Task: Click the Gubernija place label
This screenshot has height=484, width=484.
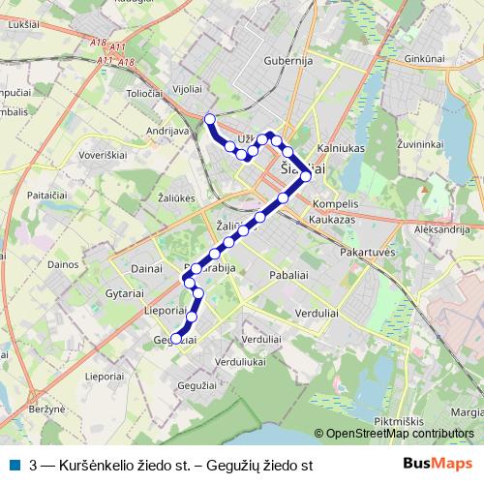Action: (x=289, y=61)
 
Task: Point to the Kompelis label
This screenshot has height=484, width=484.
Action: (x=336, y=205)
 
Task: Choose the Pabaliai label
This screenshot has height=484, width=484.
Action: (x=289, y=275)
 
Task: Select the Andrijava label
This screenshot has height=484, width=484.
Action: (x=166, y=129)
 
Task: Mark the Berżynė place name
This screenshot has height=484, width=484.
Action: (x=46, y=410)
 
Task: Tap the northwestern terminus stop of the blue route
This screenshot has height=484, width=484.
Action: (x=210, y=119)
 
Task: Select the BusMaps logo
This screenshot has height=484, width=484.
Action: (x=438, y=465)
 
